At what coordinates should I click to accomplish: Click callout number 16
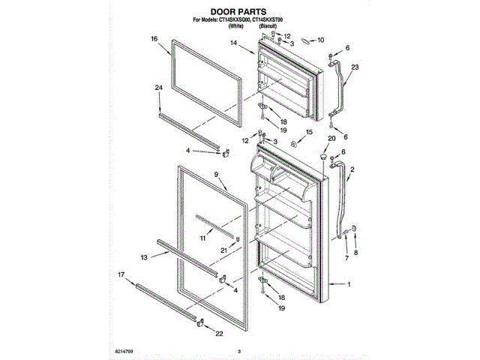coord(154,39)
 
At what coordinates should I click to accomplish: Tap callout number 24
coord(158,88)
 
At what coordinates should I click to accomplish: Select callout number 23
coord(355,67)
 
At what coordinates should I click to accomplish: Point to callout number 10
coord(320,40)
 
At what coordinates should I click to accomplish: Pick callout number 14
coord(233,44)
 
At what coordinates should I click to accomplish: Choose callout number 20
coord(331,138)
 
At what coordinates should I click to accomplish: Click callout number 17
coord(121,274)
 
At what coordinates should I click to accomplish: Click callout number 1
coord(348,284)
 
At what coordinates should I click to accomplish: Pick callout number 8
coord(356,253)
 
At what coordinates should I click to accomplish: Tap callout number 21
coord(223,250)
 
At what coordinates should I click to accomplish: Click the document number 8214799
coord(129,351)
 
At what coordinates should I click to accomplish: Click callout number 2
coord(352,170)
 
